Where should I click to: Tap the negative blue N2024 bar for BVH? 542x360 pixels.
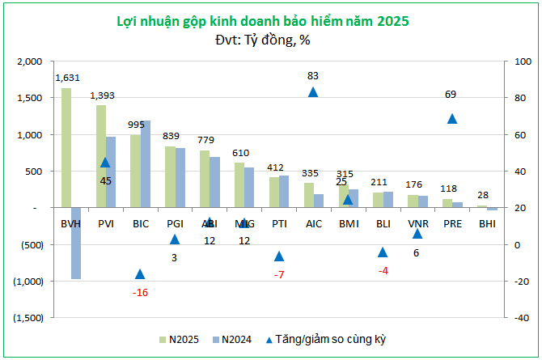pos(76,243)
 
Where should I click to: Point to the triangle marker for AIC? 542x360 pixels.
pos(313,92)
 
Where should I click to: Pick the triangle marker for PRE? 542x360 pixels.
pos(452,119)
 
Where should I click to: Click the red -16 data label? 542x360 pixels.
pos(140,292)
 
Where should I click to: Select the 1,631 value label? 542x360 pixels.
pos(68,78)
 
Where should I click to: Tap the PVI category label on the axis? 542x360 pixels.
pos(105,222)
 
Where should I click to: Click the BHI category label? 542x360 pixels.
pos(487,222)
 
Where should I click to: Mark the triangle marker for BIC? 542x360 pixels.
pos(140,274)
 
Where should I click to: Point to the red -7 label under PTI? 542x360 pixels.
pos(279,275)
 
